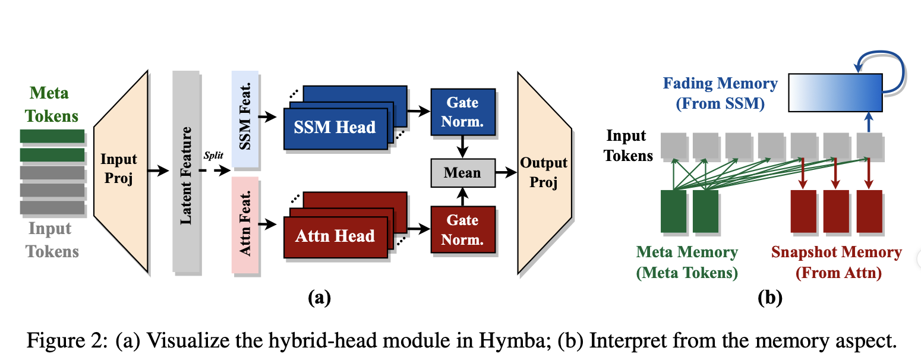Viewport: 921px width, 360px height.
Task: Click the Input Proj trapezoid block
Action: coord(121,171)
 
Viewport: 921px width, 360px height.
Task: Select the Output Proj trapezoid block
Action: coord(544,172)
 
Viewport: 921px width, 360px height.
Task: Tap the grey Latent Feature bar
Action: coord(186,171)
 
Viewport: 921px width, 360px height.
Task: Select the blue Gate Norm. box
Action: coord(462,112)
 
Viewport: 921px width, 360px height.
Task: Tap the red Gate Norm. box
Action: coord(462,230)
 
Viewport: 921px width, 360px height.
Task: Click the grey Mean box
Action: coord(462,173)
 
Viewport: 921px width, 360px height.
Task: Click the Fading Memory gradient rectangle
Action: coord(835,92)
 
